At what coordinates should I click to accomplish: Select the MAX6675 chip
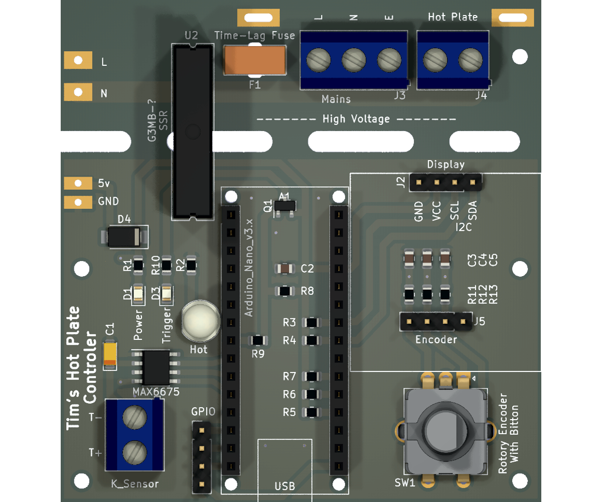point(156,367)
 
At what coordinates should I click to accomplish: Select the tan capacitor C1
point(110,354)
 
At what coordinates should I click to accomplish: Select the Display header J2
point(445,182)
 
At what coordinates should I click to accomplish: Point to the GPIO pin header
point(202,457)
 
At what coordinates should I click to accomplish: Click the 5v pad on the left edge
point(78,183)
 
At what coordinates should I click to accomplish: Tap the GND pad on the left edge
point(78,202)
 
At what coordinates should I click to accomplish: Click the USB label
point(284,486)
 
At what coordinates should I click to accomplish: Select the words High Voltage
point(356,119)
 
